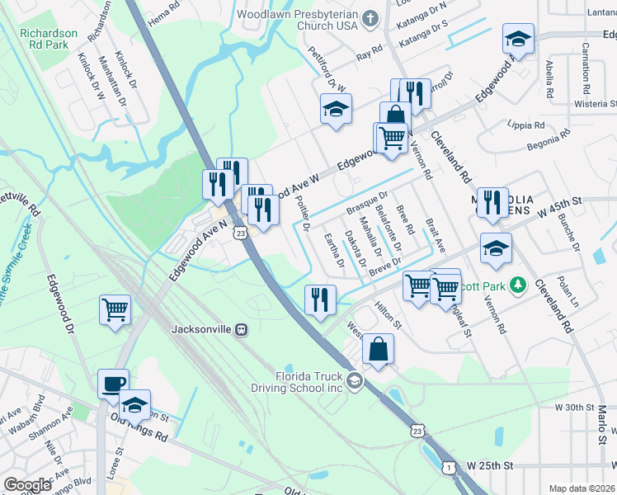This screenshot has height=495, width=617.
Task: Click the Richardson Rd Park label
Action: [49, 39]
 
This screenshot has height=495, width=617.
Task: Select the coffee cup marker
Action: [113, 384]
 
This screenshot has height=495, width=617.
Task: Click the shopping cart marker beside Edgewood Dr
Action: [115, 311]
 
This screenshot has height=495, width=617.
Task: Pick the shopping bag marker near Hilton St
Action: [377, 349]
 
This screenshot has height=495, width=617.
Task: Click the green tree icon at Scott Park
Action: [517, 285]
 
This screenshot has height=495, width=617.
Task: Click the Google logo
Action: [27, 485]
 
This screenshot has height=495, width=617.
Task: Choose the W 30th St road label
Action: [575, 408]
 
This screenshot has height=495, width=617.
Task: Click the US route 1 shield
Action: [448, 466]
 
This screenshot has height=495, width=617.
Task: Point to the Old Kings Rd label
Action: [139, 435]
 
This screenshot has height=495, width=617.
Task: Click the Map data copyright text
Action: [582, 488]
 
